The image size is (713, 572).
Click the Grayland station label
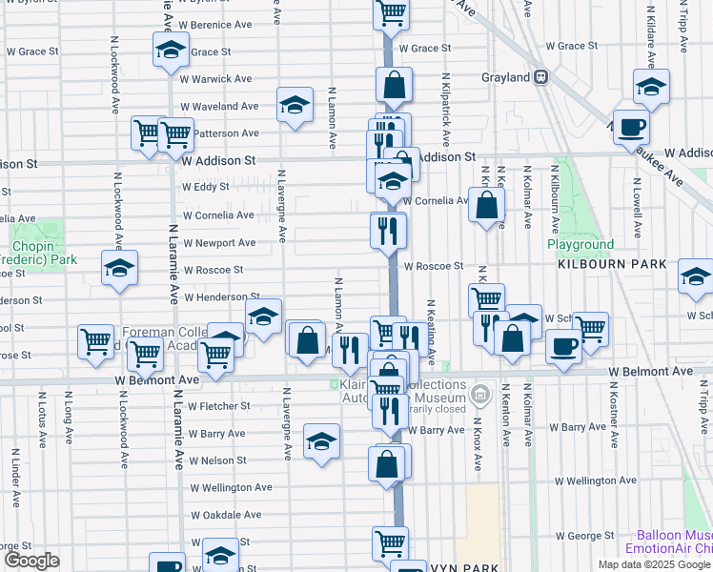pos(504,77)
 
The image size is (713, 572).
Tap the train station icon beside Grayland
pos(540,77)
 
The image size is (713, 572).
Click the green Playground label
pos(580,245)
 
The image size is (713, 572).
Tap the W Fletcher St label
pos(219,406)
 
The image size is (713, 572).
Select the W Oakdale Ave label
pos(225,515)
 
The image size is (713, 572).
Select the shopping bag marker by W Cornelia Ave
pos(486,204)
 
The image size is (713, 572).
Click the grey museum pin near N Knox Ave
pos(479,393)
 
